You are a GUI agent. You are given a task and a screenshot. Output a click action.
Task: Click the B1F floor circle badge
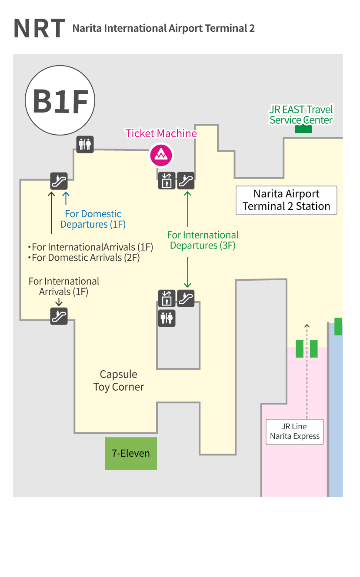pos(60,100)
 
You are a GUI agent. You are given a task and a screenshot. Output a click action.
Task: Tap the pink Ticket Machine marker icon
pos(161,155)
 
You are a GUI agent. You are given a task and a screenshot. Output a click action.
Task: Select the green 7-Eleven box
pos(130,454)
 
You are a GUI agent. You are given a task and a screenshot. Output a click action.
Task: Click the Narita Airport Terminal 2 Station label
pos(286,200)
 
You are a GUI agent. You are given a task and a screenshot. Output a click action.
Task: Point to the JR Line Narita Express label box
pos(295,431)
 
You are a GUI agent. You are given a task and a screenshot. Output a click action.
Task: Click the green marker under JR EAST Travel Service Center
pos(303,129)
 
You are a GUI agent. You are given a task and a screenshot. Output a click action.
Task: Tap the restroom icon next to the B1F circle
pos(85,144)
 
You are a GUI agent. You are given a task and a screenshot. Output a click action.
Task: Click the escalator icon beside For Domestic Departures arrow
pos(59,181)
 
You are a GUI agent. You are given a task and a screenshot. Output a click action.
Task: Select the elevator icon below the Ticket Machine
pos(167,181)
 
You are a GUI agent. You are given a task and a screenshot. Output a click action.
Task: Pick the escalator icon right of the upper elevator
pos(186,181)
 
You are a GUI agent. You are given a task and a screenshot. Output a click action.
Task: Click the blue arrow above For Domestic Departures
pos(66,198)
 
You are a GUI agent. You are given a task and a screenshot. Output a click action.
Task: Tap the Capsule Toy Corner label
pos(118,381)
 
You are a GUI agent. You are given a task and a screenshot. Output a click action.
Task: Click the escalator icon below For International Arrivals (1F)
pos(59,316)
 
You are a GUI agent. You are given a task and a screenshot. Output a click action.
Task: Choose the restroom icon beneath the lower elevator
pos(167,318)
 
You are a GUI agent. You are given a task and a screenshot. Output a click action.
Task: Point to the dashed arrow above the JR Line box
pos(307,369)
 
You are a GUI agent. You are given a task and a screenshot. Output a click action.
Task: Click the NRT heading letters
pos(39,28)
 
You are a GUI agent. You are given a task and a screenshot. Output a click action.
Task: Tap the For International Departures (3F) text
pos(203,240)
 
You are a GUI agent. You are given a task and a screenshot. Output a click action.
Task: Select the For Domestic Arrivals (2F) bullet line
pos(86,258)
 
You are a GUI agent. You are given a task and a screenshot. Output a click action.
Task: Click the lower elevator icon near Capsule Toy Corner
pos(167,298)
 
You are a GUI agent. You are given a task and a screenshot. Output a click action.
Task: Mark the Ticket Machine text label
pos(161,133)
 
